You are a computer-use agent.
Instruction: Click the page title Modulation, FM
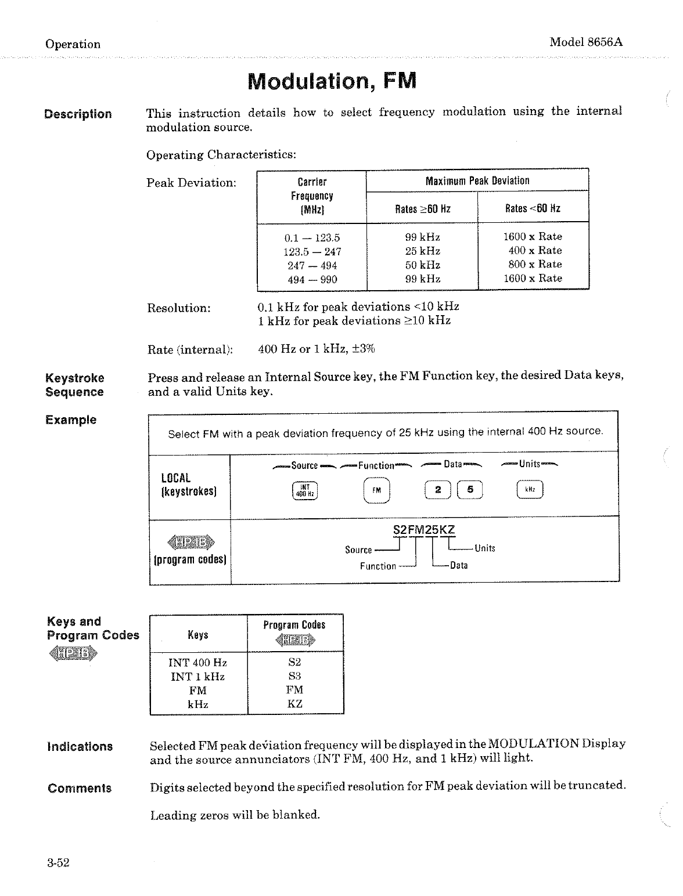(x=332, y=81)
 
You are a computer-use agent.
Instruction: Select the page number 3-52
(x=59, y=863)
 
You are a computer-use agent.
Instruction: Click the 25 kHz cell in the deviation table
(x=422, y=251)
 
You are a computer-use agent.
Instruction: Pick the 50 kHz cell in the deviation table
(x=422, y=265)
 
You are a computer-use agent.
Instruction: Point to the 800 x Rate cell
(x=535, y=264)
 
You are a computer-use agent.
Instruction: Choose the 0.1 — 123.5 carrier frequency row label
(x=312, y=237)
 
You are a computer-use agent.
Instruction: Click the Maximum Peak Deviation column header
(x=477, y=180)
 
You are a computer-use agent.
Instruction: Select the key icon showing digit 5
(x=470, y=490)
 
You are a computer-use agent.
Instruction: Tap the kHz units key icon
(x=529, y=490)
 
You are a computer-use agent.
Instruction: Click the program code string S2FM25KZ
(x=424, y=529)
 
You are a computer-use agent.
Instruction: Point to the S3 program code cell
(x=294, y=676)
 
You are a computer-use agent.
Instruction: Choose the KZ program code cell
(x=294, y=704)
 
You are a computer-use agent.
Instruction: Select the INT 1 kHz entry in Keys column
(x=197, y=677)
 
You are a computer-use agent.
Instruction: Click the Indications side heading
(x=80, y=746)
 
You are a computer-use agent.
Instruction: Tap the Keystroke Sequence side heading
(x=75, y=385)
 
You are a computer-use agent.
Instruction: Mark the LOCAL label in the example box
(x=175, y=478)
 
